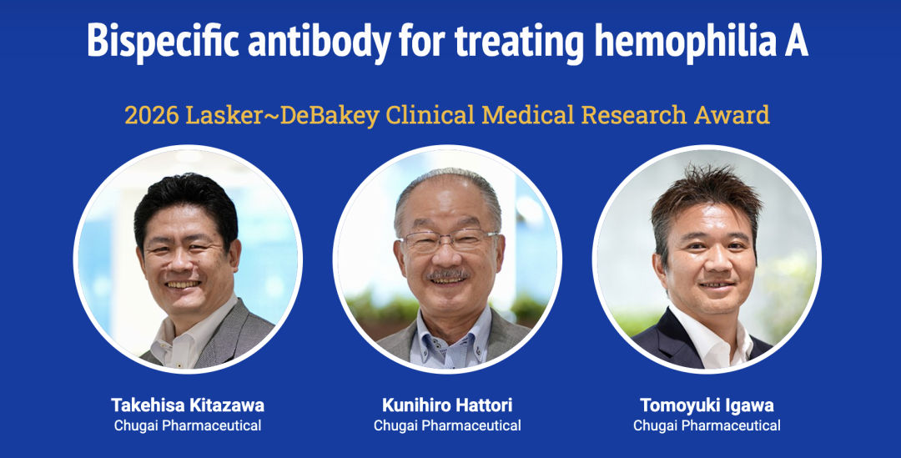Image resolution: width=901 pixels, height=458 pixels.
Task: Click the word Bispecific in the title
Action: (164, 41)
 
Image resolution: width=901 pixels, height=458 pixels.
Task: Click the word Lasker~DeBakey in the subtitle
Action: (282, 115)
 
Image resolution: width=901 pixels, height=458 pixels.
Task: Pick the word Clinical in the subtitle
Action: (430, 115)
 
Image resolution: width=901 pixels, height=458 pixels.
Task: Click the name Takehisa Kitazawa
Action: (188, 405)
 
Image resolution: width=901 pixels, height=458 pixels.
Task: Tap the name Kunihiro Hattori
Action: (447, 405)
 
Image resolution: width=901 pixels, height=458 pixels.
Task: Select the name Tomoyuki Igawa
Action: (707, 405)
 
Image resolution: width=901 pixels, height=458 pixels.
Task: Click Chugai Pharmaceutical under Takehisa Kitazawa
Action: (188, 425)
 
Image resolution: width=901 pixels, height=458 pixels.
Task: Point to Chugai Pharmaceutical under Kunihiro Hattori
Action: (447, 425)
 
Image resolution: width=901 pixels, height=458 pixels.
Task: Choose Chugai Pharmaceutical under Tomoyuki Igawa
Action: (707, 425)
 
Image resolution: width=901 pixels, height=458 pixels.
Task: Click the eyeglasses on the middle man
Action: (448, 240)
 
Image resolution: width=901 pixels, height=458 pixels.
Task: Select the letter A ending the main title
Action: (796, 41)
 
